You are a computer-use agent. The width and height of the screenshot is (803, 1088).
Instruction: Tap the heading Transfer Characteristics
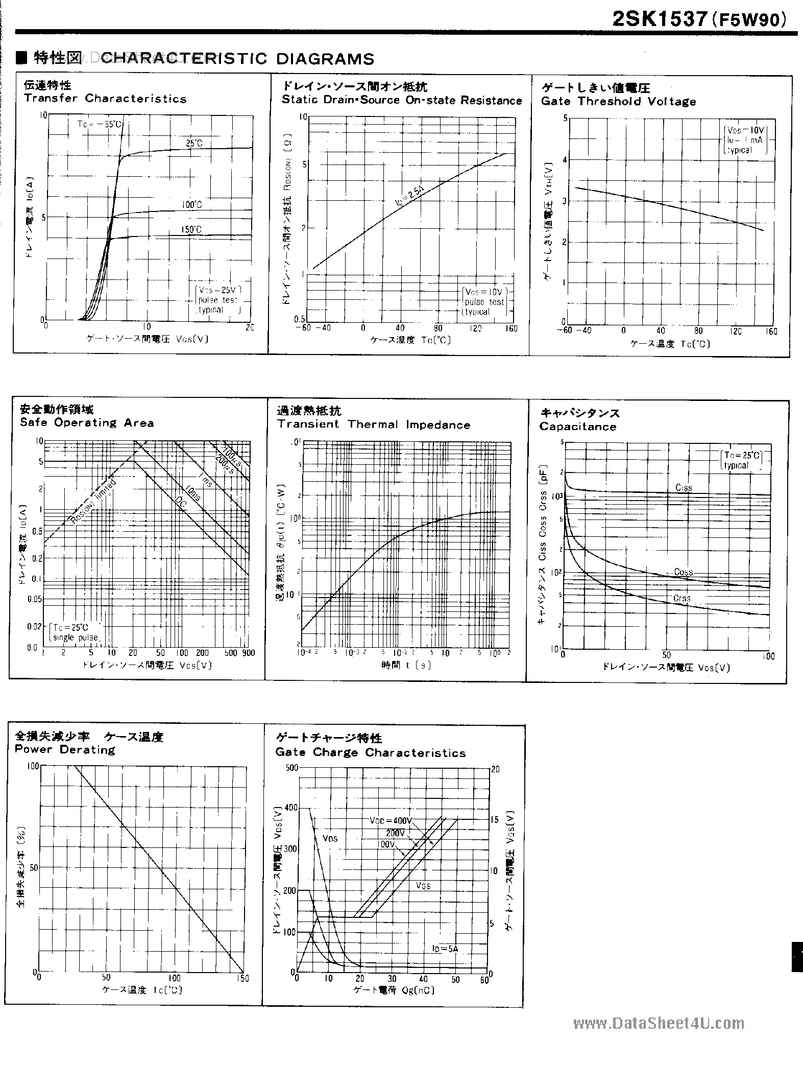click(x=105, y=99)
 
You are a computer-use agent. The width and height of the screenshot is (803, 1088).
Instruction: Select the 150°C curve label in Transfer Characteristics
click(x=191, y=230)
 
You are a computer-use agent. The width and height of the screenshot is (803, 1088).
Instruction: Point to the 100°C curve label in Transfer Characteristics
click(x=192, y=205)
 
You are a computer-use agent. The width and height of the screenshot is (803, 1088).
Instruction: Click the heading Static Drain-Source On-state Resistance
click(x=402, y=101)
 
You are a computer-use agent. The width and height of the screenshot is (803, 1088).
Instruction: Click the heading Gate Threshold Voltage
click(x=618, y=102)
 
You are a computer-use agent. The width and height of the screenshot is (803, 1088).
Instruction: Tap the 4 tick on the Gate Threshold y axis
click(x=565, y=160)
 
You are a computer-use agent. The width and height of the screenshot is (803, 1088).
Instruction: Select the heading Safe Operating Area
click(x=87, y=423)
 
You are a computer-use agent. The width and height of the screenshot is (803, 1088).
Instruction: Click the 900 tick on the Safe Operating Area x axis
click(x=249, y=653)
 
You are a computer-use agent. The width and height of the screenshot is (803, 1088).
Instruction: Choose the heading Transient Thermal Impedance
click(x=374, y=424)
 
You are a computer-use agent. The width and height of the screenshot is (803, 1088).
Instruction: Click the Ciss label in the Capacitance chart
click(x=684, y=488)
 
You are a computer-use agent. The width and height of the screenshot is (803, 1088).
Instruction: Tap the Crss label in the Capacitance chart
click(x=682, y=598)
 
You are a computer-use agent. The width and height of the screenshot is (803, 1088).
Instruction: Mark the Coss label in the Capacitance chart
click(x=683, y=572)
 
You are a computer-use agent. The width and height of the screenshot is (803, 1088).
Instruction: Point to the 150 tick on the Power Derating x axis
click(x=243, y=978)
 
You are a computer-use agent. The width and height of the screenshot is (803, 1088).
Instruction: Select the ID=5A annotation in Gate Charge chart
click(x=445, y=949)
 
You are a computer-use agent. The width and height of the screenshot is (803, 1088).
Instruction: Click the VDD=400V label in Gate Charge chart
click(x=390, y=821)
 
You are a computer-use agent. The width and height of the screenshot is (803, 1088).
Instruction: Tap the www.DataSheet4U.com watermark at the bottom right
click(x=659, y=1024)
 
